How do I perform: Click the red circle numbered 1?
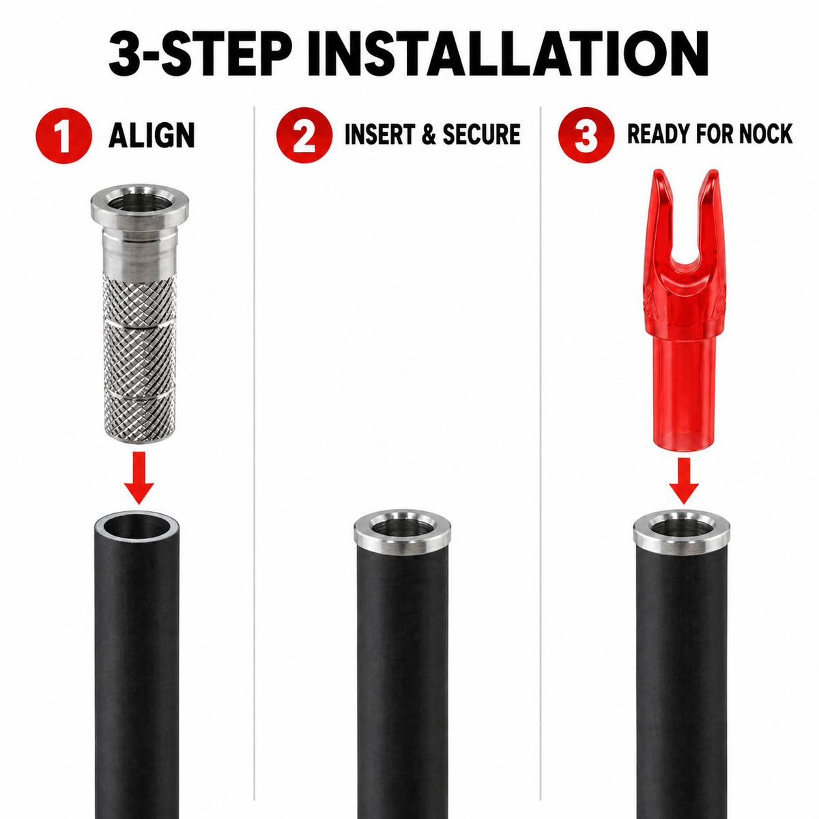64,136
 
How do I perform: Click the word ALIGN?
152,135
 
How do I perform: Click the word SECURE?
482,134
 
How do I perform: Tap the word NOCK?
766,134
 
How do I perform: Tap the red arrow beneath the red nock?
684,480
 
